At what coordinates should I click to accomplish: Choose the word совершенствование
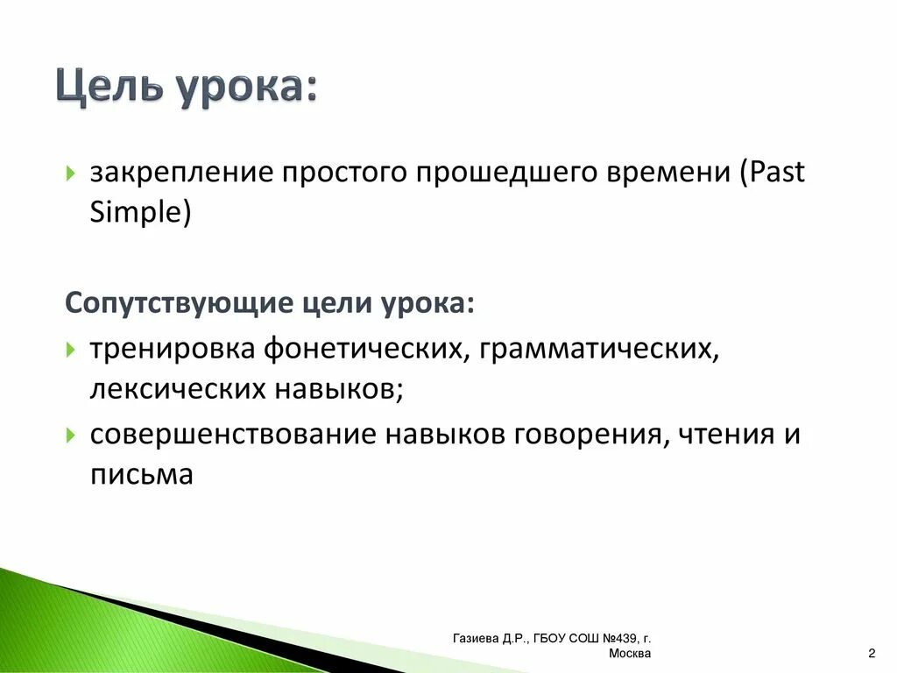pos(231,435)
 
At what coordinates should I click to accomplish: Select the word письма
pos(140,475)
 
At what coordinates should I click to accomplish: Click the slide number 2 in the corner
pos(872,654)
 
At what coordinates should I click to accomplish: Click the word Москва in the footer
pos(629,654)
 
